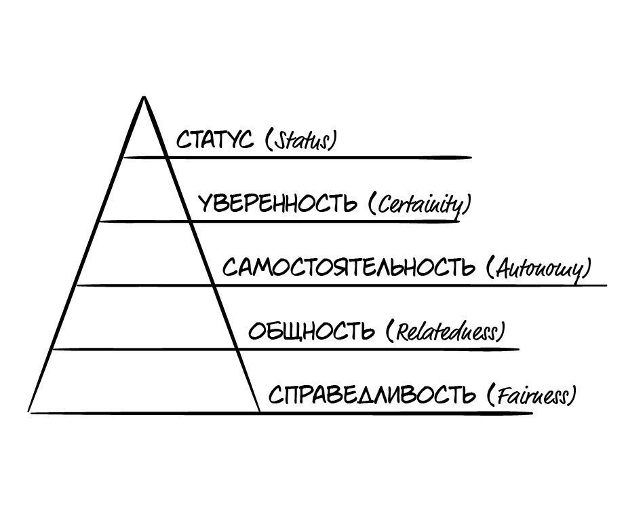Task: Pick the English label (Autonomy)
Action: pyautogui.click(x=539, y=268)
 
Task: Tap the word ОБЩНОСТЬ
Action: pyautogui.click(x=311, y=331)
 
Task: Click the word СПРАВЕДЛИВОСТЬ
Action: pyautogui.click(x=372, y=395)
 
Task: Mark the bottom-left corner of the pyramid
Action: pyautogui.click(x=29, y=412)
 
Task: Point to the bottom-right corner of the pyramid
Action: pyautogui.click(x=260, y=412)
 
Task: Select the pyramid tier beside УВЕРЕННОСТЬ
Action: pyautogui.click(x=144, y=190)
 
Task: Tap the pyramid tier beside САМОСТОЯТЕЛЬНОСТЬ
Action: pyautogui.click(x=144, y=253)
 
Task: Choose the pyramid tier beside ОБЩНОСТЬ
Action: pyautogui.click(x=144, y=317)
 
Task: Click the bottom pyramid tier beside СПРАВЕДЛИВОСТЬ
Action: pyautogui.click(x=144, y=381)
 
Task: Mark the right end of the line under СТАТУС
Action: pyautogui.click(x=470, y=158)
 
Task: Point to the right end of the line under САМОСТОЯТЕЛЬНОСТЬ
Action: pyautogui.click(x=606, y=285)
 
